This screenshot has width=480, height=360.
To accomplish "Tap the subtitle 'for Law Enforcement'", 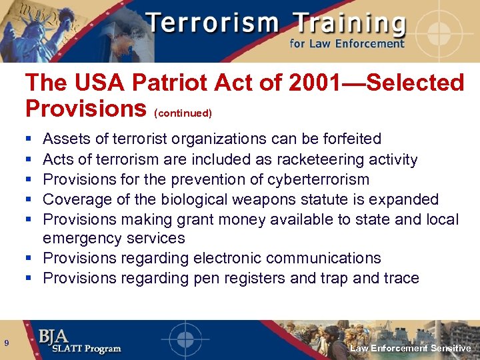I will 347,44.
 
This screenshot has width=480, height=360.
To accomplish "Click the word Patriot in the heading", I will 162,83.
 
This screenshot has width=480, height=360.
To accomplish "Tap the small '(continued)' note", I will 183,113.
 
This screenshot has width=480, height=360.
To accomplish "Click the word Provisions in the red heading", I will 86,108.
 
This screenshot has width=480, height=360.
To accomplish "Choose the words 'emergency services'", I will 114,238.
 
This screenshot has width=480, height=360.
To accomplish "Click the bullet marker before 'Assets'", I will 29,140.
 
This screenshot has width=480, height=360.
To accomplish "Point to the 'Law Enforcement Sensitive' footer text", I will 411,348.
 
